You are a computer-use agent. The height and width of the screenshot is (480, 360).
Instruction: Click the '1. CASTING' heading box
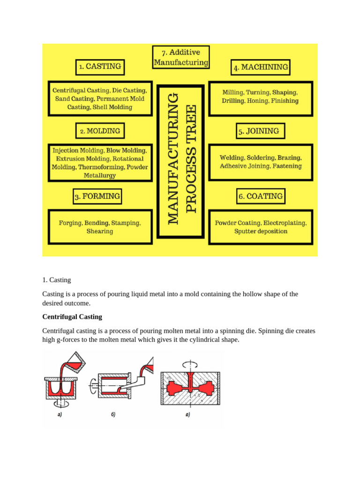tap(100, 67)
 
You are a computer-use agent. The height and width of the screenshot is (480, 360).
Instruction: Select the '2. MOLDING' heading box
tap(100, 131)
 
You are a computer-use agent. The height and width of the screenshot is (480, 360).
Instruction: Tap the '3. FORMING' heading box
tap(97, 196)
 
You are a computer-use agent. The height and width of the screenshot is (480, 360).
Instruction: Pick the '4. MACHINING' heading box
tap(261, 67)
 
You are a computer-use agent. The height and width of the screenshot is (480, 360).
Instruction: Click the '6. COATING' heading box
tap(260, 196)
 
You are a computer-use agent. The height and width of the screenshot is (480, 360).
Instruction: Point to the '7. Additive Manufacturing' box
tap(181, 57)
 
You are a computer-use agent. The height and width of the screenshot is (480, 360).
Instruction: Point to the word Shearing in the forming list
tap(99, 231)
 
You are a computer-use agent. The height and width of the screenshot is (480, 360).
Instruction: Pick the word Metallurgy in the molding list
tap(100, 175)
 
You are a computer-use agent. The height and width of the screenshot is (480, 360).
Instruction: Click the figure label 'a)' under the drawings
tap(59, 414)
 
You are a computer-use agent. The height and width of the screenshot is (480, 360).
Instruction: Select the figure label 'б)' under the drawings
tap(113, 414)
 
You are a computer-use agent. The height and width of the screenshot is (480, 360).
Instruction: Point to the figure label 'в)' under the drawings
tap(187, 414)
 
